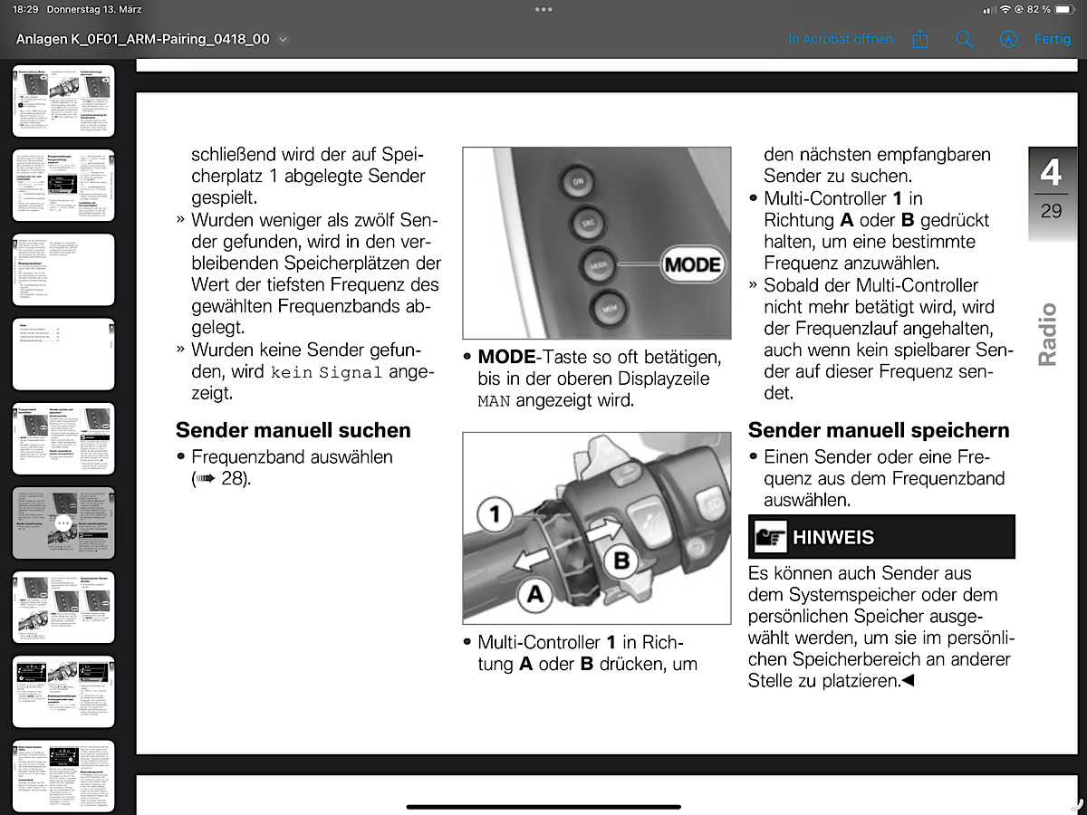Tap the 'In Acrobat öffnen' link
[840, 40]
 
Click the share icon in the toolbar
[920, 40]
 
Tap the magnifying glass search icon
[964, 40]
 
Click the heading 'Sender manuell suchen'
[293, 430]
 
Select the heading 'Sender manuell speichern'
[878, 430]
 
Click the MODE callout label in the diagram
[692, 265]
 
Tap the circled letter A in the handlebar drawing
[535, 594]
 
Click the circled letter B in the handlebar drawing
[621, 561]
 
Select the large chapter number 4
[1051, 172]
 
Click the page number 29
[1051, 211]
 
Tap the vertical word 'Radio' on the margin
[1048, 335]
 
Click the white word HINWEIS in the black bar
[833, 537]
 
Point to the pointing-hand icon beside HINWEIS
[770, 537]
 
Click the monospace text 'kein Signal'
[327, 372]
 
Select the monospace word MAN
[495, 400]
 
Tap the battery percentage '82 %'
[1038, 9]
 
